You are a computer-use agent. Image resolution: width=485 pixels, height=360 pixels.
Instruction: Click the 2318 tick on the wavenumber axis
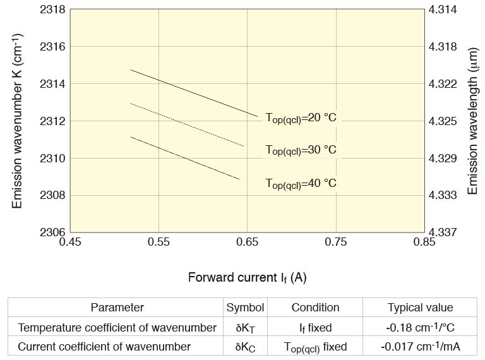[x=53, y=10]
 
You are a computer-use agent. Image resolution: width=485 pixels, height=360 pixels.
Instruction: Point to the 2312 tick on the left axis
[x=53, y=121]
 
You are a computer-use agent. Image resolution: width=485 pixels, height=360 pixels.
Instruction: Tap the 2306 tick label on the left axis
[x=53, y=232]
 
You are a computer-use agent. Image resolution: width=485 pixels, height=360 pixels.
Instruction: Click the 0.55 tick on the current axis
[x=159, y=241]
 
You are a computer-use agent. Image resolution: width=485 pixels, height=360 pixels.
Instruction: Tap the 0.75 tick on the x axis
[x=336, y=241]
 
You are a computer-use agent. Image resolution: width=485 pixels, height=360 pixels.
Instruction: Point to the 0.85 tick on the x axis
[x=424, y=241]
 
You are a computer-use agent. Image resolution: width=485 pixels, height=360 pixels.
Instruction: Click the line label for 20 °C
[x=301, y=118]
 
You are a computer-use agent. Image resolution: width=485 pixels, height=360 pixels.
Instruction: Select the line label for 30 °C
[x=301, y=150]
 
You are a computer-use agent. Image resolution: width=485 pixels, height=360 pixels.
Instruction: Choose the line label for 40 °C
[x=301, y=184]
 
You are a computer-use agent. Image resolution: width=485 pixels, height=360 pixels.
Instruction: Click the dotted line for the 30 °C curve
[x=189, y=124]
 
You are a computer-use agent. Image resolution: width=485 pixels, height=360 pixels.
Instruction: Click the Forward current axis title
[x=247, y=277]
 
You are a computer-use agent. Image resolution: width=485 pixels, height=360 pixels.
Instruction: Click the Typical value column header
[x=420, y=308]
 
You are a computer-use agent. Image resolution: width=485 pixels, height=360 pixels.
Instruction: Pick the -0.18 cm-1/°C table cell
[x=420, y=327]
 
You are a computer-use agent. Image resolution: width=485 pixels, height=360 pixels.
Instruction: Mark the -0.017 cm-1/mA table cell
[x=420, y=347]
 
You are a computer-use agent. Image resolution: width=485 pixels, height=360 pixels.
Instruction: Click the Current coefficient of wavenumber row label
[x=104, y=347]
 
